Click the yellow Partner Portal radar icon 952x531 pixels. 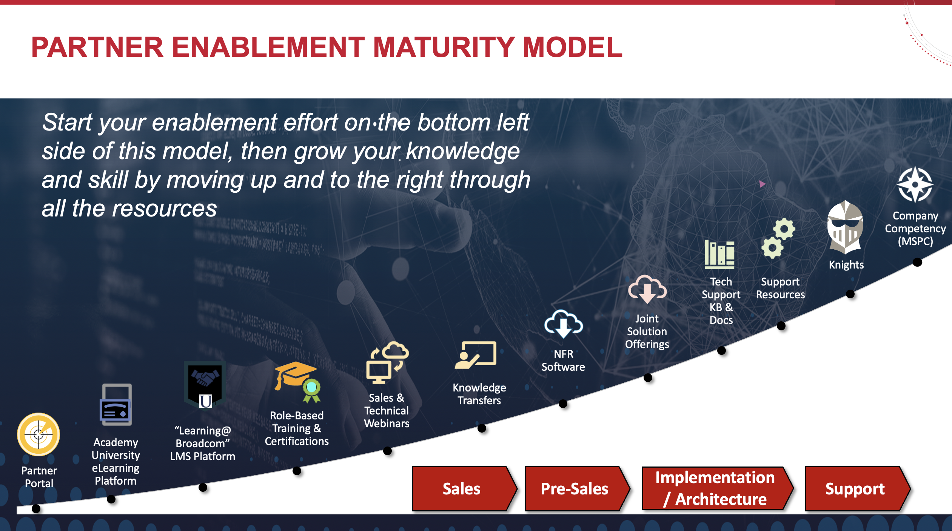pos(39,434)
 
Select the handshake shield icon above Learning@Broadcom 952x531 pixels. pos(205,384)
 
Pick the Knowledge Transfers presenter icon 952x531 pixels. pos(476,355)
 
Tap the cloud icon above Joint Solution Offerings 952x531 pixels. pos(647,289)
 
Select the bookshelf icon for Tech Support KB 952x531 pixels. pos(719,255)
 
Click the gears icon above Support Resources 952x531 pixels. pos(778,238)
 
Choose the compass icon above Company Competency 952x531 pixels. pos(915,185)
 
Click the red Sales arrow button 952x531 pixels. pos(464,489)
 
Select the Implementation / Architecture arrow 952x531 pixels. pos(718,488)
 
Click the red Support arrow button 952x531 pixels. pos(858,489)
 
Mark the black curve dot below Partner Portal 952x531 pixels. pos(36,509)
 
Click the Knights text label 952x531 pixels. pos(846,265)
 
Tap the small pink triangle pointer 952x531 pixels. pos(762,184)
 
